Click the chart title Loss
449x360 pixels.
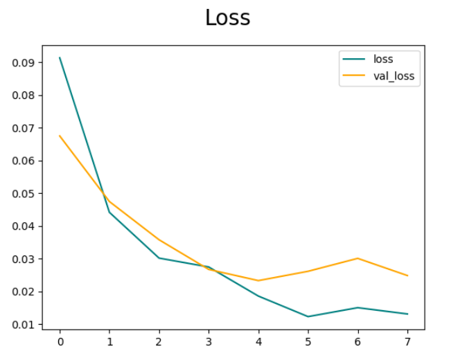(227, 18)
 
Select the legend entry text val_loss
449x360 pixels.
(394, 76)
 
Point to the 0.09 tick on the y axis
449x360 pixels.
(23, 62)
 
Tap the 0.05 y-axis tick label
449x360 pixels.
(23, 193)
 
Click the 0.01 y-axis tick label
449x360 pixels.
(23, 325)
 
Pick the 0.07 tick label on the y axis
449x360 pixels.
(23, 128)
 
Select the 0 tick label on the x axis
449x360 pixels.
(60, 341)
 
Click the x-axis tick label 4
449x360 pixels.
(258, 341)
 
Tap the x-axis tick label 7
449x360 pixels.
(407, 341)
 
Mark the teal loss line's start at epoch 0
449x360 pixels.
(60, 57)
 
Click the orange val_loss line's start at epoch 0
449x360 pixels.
(60, 136)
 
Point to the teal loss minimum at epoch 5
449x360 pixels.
(308, 316)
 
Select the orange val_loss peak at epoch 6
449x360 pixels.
(358, 258)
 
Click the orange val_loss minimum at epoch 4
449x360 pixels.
(258, 280)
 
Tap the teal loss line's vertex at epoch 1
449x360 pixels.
(109, 212)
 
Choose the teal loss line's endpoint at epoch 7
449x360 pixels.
(407, 314)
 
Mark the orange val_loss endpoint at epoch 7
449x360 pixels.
(407, 276)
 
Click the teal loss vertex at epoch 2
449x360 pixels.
(159, 258)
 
